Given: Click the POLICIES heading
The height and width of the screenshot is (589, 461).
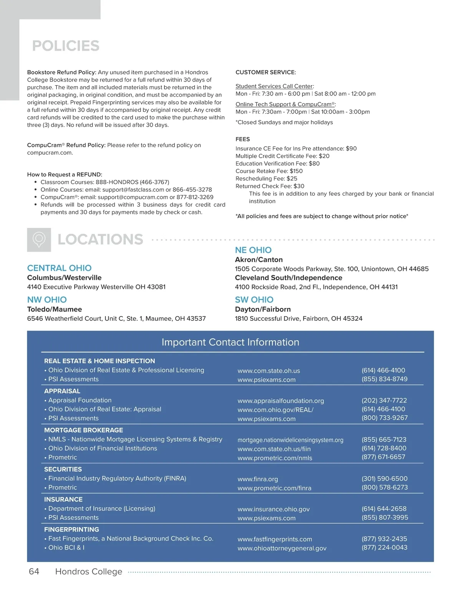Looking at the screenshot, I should (66, 46).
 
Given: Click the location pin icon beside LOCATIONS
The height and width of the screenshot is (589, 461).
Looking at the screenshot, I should (39, 240).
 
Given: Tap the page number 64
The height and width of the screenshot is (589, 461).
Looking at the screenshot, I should (34, 571).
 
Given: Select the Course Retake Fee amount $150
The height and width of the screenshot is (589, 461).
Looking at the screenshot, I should (296, 171).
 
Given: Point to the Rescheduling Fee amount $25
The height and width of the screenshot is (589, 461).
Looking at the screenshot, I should (292, 178).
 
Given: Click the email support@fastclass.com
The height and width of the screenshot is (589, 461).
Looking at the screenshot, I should (133, 190).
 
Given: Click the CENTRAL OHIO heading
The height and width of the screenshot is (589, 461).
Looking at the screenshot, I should (59, 268).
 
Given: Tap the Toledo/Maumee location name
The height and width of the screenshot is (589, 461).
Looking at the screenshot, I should (55, 309).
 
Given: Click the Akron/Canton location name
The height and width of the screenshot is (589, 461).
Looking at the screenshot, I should (259, 260).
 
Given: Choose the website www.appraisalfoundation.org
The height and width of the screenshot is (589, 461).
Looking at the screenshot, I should (281, 401).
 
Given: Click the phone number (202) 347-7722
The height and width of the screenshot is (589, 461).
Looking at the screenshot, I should (384, 400).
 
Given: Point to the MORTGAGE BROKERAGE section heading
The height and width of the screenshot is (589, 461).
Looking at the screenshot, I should (83, 430).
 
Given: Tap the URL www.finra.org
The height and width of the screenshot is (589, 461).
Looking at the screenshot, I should (258, 479).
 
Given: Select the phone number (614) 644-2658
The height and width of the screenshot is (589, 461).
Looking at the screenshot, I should (384, 509).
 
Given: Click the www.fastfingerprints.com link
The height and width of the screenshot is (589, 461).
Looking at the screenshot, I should (275, 539).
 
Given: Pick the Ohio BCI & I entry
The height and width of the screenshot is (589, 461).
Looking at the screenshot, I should (66, 548).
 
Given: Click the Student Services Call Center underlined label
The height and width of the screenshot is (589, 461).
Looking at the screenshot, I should (274, 86).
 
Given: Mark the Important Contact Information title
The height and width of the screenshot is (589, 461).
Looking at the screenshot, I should (230, 342).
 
